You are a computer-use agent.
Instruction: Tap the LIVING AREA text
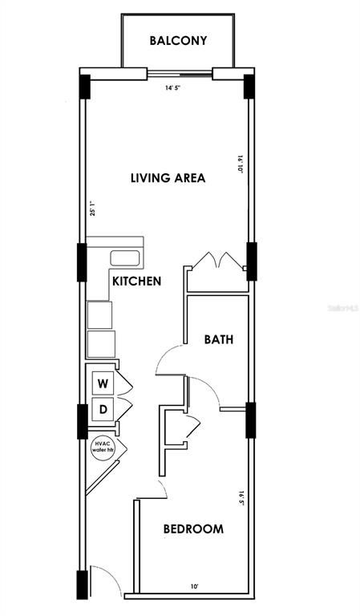168,178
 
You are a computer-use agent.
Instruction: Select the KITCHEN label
137,282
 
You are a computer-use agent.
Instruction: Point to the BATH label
217,339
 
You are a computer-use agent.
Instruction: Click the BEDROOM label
193,529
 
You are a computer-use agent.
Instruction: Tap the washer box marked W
103,383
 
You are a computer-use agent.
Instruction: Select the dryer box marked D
103,411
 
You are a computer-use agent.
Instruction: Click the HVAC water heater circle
102,445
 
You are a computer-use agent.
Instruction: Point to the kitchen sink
125,258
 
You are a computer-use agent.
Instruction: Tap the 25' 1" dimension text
93,209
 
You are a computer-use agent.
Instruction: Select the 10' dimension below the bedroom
193,586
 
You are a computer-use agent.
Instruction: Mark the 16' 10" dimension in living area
239,164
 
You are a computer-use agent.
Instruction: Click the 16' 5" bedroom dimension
239,500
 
